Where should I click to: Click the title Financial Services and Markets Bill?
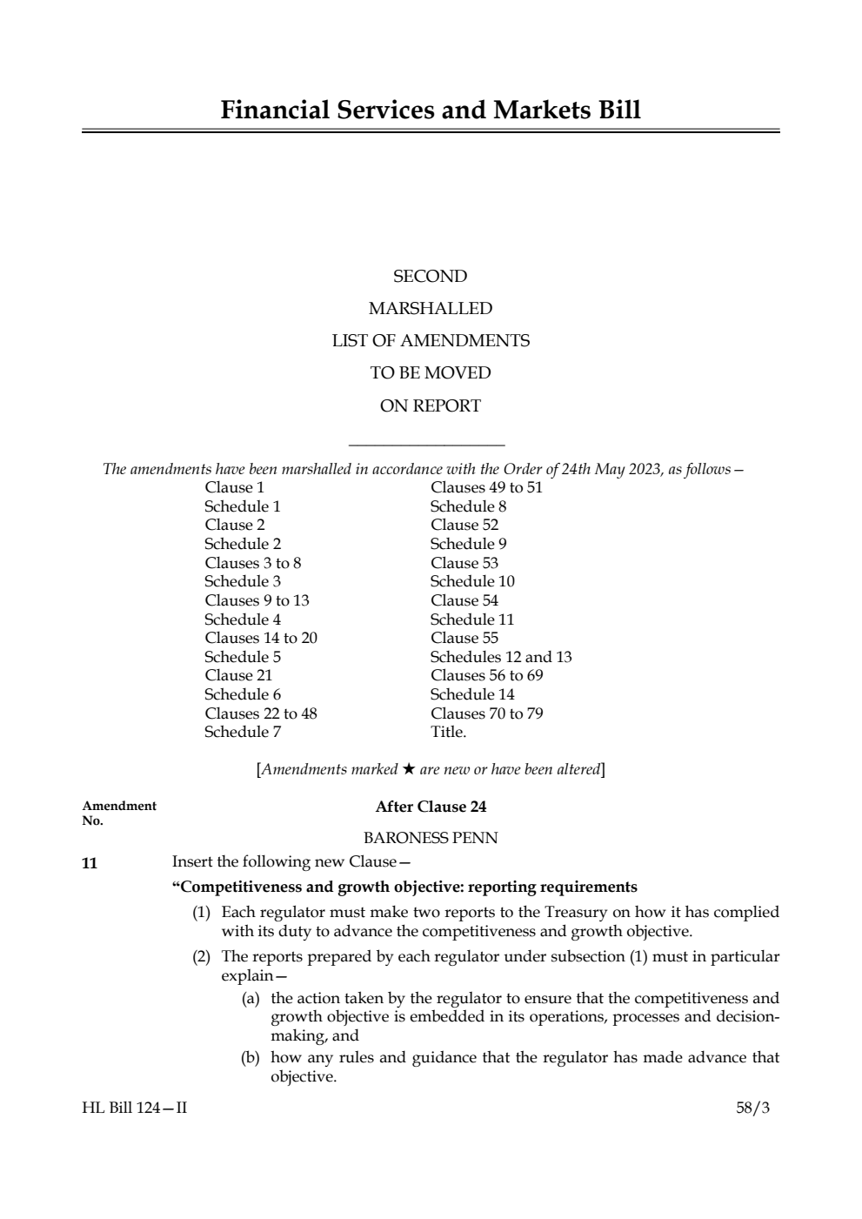(431, 111)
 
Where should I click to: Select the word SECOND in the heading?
(430, 277)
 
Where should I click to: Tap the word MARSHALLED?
(430, 309)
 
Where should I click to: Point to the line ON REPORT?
(430, 405)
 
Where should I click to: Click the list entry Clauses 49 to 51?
(486, 487)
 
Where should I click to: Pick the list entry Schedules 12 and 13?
(501, 657)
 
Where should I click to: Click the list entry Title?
(448, 732)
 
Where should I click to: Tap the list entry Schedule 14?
(472, 694)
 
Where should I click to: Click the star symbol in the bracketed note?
(409, 769)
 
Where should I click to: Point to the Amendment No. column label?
(119, 813)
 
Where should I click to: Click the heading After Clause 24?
(431, 807)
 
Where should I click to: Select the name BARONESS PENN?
(431, 838)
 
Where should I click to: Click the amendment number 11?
(90, 863)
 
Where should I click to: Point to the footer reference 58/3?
(753, 1108)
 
